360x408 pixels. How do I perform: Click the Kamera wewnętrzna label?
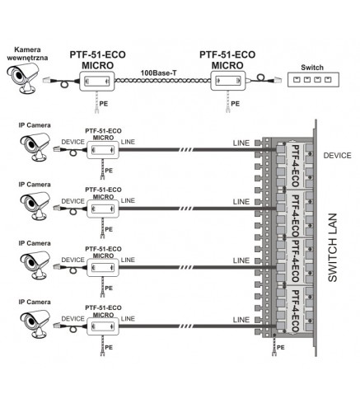click(x=27, y=54)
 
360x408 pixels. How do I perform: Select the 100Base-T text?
click(x=158, y=73)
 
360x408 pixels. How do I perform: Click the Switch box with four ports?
click(x=313, y=80)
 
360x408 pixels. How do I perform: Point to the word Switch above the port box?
click(x=312, y=68)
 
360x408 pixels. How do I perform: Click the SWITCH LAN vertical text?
click(x=333, y=247)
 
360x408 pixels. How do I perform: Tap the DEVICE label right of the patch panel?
click(x=337, y=156)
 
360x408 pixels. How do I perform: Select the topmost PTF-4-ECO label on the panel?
click(x=296, y=166)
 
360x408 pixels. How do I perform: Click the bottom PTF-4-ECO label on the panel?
click(x=296, y=311)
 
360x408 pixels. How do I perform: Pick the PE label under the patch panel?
click(x=281, y=348)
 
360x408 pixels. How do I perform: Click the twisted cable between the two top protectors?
click(x=162, y=80)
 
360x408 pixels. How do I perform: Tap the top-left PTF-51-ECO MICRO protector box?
click(x=97, y=81)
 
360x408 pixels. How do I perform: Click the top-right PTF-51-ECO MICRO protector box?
click(x=228, y=81)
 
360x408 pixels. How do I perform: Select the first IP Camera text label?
click(x=35, y=125)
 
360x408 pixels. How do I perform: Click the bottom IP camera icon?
click(x=35, y=324)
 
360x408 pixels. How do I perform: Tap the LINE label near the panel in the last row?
click(x=241, y=320)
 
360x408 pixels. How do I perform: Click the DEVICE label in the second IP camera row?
click(x=72, y=201)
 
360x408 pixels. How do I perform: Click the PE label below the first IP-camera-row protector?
click(x=109, y=171)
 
